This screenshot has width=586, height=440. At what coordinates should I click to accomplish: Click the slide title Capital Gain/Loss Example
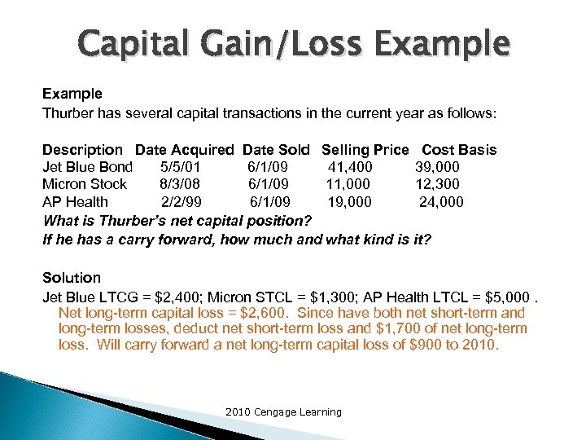(x=293, y=42)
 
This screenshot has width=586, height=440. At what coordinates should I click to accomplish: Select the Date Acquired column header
(x=184, y=150)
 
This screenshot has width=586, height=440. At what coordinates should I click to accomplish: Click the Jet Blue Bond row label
(x=87, y=167)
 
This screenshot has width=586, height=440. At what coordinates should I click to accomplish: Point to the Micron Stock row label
(x=85, y=184)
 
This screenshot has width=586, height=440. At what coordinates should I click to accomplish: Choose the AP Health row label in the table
(x=75, y=201)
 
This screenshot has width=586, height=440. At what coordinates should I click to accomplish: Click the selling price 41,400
(x=351, y=167)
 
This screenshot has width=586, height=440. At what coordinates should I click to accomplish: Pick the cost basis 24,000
(x=441, y=201)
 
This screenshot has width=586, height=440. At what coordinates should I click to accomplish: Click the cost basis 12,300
(x=438, y=184)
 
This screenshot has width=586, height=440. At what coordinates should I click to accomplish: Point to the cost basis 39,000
(x=438, y=167)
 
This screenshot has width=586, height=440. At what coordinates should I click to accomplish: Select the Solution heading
(x=72, y=278)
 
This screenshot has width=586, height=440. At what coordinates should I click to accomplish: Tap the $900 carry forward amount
(x=403, y=345)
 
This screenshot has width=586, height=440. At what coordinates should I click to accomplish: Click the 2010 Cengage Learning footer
(x=283, y=412)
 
